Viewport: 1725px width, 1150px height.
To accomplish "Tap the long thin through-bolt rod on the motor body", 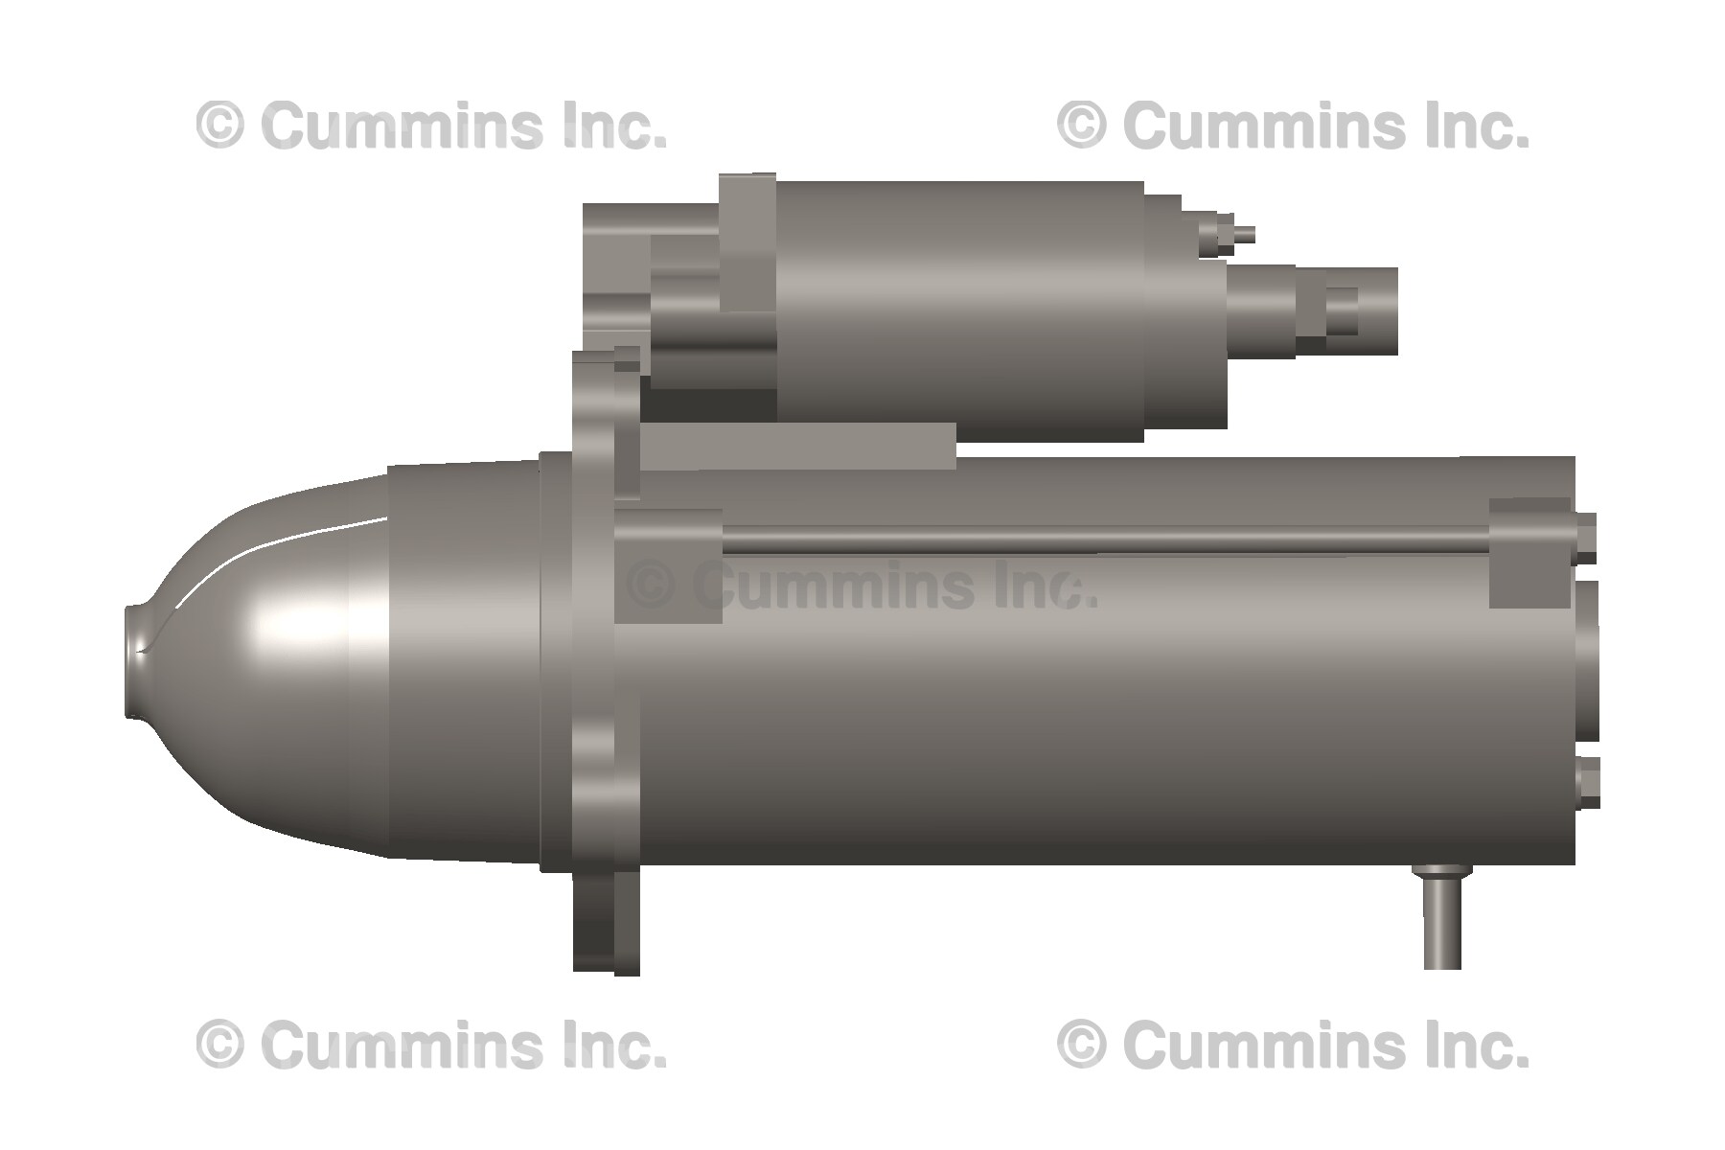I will [1102, 544].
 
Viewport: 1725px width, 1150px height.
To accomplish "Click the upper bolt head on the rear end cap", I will [1586, 538].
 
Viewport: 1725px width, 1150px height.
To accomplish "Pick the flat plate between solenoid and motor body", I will [795, 447].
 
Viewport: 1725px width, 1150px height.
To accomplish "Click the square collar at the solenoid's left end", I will [747, 241].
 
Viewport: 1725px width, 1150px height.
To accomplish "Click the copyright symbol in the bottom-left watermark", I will [220, 1044].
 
